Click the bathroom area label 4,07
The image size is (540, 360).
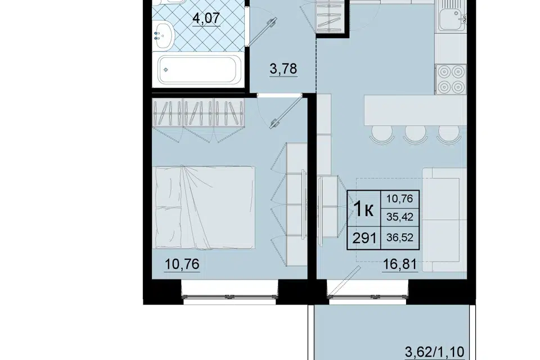pyautogui.click(x=206, y=18)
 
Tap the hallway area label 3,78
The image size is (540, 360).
pyautogui.click(x=283, y=69)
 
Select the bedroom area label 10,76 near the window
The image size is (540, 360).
pyautogui.click(x=182, y=264)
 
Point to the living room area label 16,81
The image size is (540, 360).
pyautogui.click(x=400, y=264)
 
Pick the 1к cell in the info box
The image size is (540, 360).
pyautogui.click(x=364, y=209)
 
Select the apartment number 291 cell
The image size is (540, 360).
pyautogui.click(x=364, y=238)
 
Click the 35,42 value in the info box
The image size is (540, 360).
pyautogui.click(x=400, y=217)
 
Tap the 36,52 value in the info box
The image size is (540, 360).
pyautogui.click(x=400, y=237)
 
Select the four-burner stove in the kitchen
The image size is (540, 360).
pyautogui.click(x=451, y=79)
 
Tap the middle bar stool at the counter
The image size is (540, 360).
pyautogui.click(x=416, y=134)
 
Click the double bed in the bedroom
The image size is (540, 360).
pyautogui.click(x=205, y=208)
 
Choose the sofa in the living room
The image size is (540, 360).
pyautogui.click(x=444, y=220)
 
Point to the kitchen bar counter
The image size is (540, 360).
pyautogui.click(x=415, y=110)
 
